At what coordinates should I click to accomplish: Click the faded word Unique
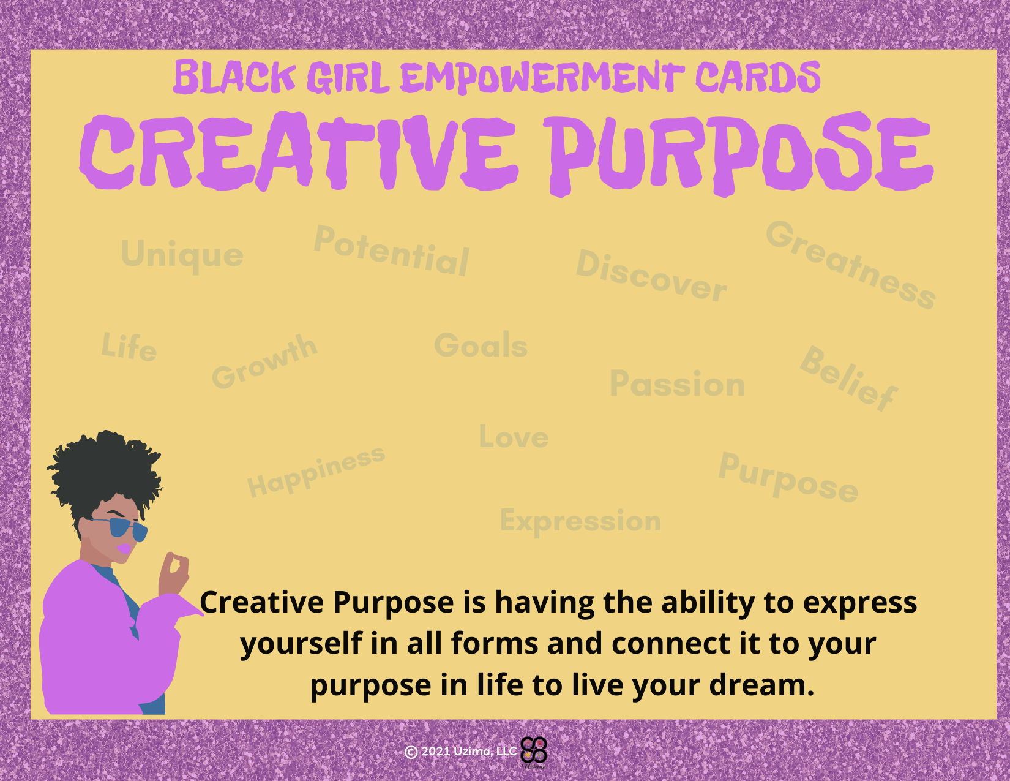(182, 254)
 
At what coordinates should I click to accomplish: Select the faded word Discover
(651, 276)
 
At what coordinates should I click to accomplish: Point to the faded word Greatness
(850, 265)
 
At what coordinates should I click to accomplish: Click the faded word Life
(129, 347)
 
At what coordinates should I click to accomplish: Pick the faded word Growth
(264, 362)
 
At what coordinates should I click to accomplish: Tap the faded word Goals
(481, 345)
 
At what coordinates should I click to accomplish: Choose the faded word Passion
(677, 384)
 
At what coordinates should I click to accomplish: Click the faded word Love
(514, 437)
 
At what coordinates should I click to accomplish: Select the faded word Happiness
(316, 471)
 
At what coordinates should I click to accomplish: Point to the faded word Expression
(580, 521)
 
